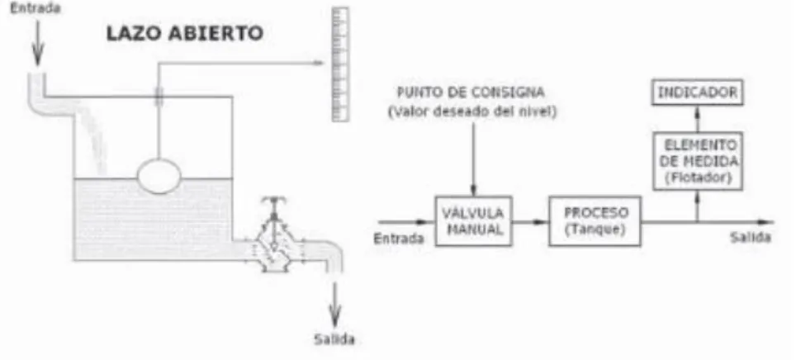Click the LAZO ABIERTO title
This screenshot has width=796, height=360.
click(184, 34)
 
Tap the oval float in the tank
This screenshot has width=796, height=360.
click(159, 176)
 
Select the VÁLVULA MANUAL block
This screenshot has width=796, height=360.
click(473, 221)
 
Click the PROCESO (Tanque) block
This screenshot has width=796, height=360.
click(595, 221)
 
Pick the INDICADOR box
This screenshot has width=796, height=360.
click(697, 92)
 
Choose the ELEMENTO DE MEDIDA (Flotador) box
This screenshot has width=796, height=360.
click(697, 162)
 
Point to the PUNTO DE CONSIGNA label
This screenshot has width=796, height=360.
click(471, 92)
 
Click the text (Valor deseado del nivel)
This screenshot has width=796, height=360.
click(471, 112)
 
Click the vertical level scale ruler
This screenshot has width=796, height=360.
click(340, 64)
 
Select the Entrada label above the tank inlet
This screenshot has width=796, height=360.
click(36, 8)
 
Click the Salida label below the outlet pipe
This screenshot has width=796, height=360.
click(334, 339)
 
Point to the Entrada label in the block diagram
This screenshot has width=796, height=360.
click(399, 238)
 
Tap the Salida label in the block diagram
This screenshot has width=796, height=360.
click(751, 237)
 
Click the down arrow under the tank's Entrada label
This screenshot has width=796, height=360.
click(37, 43)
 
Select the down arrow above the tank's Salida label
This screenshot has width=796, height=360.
click(334, 304)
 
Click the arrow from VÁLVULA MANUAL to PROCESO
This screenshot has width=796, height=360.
click(530, 222)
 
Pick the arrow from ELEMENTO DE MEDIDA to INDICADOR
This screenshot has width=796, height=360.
click(697, 118)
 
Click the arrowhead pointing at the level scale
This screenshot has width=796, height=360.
click(318, 63)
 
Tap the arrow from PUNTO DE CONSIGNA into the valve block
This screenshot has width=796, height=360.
click(473, 158)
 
